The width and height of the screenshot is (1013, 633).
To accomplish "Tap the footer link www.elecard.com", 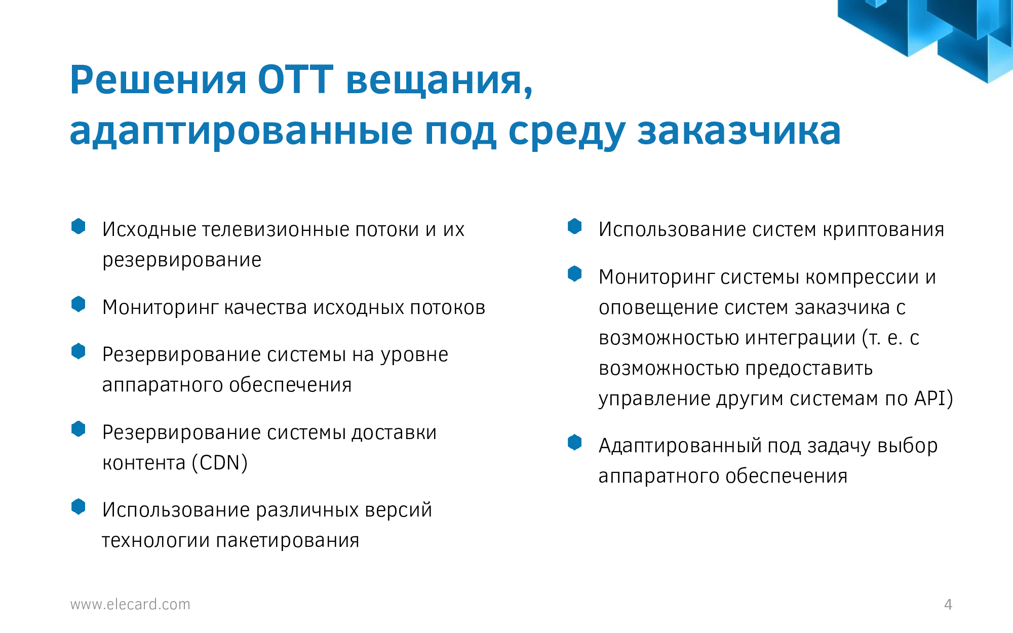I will point(130,604).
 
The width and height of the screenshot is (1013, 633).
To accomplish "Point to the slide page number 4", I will point(948,604).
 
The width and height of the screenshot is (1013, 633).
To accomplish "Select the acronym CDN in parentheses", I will point(220,463).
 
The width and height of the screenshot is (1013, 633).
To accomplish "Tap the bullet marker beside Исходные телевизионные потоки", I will point(79,226).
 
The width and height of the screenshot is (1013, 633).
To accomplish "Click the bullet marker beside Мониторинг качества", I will point(79,304).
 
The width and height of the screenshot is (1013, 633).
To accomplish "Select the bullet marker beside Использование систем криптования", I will point(575,226).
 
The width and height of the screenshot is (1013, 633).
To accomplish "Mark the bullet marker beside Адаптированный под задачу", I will point(575,443).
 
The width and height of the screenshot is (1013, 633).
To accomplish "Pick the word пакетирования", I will point(287,541).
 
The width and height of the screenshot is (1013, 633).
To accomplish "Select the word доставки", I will point(394,433).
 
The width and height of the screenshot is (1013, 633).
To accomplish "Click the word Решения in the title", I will point(158,80).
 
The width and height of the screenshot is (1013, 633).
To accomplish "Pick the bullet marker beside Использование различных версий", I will point(79,507).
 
